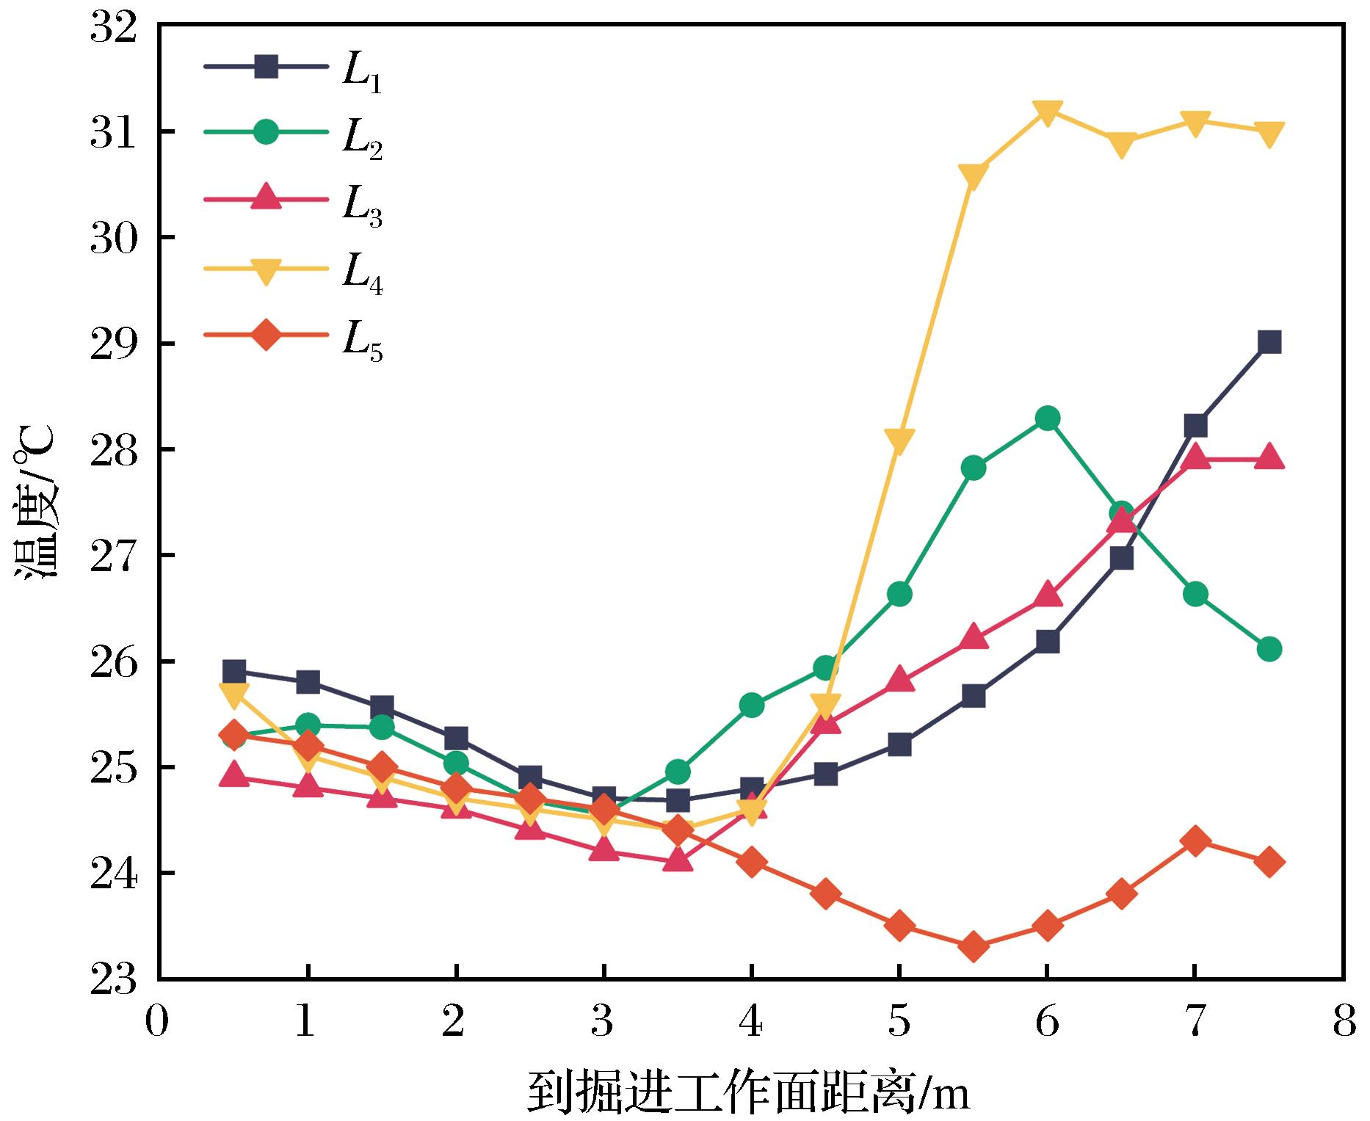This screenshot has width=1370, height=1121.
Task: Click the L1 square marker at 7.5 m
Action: click(x=1269, y=342)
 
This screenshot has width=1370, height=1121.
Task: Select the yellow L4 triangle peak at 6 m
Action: click(x=1047, y=112)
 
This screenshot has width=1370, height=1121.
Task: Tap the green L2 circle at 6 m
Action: click(x=1047, y=418)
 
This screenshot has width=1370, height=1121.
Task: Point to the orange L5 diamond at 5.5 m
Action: click(x=973, y=947)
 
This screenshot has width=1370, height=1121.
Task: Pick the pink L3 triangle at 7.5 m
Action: click(x=1269, y=458)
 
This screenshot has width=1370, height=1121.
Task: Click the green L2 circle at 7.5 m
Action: click(x=1269, y=649)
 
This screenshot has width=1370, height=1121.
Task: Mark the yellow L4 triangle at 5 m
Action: click(x=899, y=440)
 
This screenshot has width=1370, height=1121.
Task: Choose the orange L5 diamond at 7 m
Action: click(x=1195, y=841)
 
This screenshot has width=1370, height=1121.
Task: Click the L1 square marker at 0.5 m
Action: click(x=233, y=670)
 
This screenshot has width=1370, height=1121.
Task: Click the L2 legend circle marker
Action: click(x=266, y=132)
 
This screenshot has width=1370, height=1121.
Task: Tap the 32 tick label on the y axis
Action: click(x=114, y=28)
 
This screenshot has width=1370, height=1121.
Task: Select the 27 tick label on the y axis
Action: click(x=114, y=556)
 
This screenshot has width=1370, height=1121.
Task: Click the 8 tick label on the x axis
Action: click(x=1343, y=1023)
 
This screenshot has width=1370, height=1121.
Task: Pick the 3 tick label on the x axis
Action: click(x=603, y=1023)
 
